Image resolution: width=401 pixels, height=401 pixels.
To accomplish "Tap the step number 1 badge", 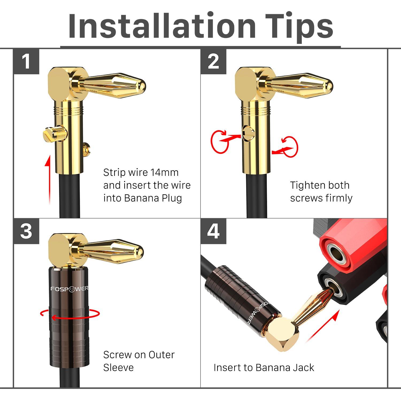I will click(x=26, y=62).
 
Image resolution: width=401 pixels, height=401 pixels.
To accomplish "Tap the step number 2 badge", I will click(x=213, y=62).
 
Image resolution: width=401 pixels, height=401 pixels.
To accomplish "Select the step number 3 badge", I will click(x=26, y=231).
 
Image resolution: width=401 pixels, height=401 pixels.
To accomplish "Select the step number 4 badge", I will click(x=213, y=231).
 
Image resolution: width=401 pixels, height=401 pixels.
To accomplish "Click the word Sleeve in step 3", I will click(x=118, y=368).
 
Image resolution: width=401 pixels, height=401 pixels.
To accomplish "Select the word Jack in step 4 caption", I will click(x=304, y=368).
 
